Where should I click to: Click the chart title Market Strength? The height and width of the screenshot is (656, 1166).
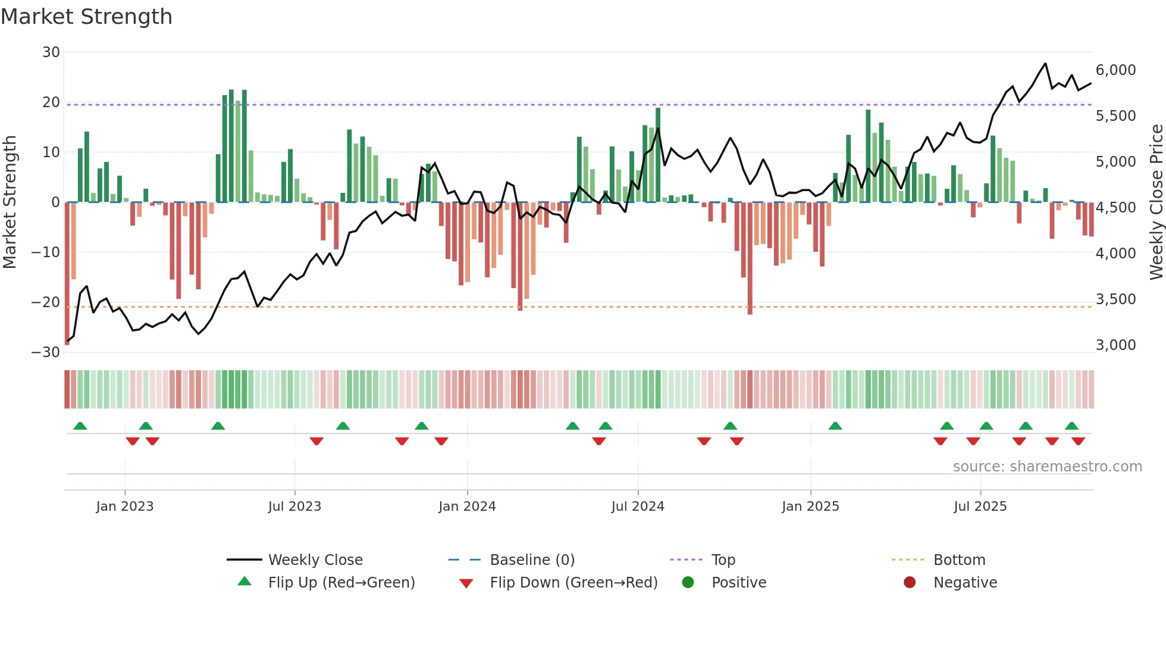86,17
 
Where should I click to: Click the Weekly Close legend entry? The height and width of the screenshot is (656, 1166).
315,560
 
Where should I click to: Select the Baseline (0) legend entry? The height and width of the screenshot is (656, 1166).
532,560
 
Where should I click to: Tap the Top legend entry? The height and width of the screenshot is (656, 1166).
723,560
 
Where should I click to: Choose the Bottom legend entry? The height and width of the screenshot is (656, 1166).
959,560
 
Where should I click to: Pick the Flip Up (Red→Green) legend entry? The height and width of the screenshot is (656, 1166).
341,582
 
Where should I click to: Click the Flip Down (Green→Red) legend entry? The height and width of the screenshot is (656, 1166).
573,582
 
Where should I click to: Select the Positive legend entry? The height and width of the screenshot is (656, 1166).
738,582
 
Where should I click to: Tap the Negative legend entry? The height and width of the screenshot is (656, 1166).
965,582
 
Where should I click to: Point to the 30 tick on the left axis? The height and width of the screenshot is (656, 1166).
51,52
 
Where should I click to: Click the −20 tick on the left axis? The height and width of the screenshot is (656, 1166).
46,302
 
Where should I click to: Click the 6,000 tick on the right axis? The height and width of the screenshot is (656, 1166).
1115,70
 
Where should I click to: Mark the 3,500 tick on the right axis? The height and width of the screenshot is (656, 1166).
1115,299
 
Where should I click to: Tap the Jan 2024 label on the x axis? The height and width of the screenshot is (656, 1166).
467,507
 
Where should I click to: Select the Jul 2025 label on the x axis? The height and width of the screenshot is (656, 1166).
980,507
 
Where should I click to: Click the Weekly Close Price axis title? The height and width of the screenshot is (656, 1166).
1156,202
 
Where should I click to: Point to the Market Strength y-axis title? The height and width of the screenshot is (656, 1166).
10,202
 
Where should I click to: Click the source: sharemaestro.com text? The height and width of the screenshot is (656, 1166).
1047,467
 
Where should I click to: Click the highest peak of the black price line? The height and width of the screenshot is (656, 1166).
1045,63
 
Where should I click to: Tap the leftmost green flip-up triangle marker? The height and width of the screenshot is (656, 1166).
80,426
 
